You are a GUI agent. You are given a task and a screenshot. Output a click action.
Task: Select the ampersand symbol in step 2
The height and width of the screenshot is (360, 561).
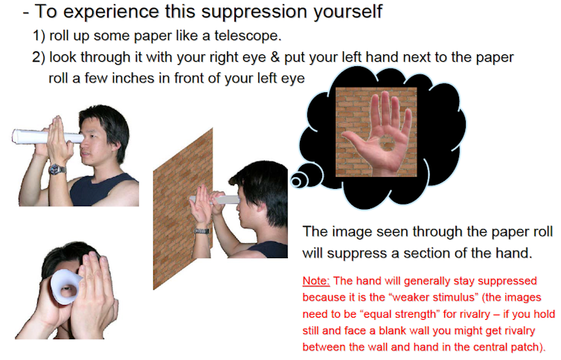(x=275, y=57)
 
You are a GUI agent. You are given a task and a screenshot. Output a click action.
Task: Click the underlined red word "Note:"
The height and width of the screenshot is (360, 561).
(x=316, y=281)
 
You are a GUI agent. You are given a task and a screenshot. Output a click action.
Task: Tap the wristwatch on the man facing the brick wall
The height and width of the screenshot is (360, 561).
(x=202, y=231)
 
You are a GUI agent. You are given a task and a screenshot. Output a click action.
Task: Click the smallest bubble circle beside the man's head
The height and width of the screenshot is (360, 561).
(x=296, y=181)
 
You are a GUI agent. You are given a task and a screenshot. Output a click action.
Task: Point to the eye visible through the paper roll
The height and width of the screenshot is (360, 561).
(x=66, y=288)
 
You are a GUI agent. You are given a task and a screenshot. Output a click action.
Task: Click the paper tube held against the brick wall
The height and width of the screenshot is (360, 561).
(x=215, y=200)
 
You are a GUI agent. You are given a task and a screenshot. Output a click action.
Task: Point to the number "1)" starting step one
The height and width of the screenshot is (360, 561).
(x=39, y=36)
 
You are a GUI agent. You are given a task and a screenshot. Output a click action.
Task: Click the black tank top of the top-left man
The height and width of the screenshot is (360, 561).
(x=100, y=190)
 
